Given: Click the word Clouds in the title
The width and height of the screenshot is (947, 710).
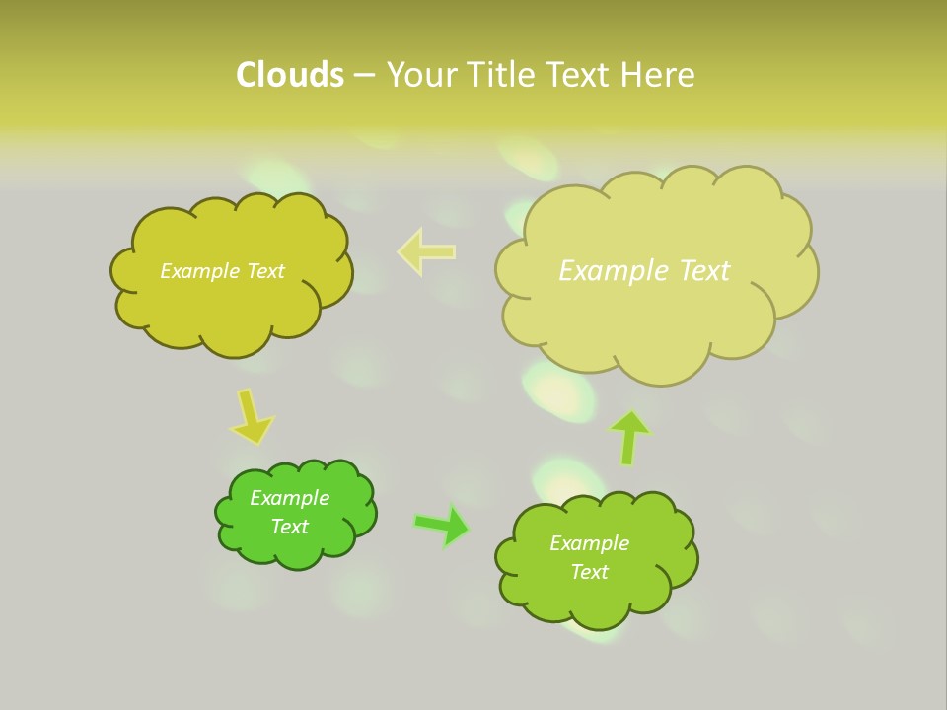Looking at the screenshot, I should [x=289, y=75].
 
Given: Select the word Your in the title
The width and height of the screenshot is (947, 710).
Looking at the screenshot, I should [x=421, y=75].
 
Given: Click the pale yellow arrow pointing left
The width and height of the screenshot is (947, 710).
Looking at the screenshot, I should [x=426, y=251].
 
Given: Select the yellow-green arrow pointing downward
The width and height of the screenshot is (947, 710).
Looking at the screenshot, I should [x=251, y=416].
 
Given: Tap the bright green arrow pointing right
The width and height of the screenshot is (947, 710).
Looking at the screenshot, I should [x=441, y=525].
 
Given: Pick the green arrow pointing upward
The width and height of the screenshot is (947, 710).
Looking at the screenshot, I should [x=628, y=437].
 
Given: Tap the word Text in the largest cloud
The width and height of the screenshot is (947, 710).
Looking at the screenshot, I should [x=699, y=271].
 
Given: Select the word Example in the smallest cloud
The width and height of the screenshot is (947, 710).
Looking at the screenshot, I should [x=289, y=498].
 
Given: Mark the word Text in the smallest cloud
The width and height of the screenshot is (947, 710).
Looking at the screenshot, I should [x=289, y=527].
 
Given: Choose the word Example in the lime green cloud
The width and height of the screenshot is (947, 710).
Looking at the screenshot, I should [x=589, y=543].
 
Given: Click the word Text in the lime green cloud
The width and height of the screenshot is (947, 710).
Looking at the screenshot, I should [x=589, y=572].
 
